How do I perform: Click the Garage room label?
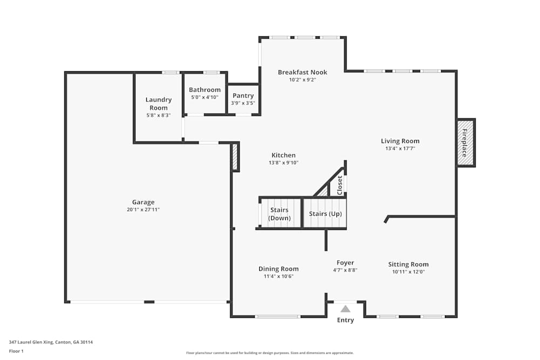click(143, 202)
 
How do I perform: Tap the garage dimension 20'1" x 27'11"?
click(143, 209)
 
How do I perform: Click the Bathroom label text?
click(205, 90)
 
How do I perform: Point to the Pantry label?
click(243, 96)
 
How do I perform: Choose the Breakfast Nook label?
click(302, 72)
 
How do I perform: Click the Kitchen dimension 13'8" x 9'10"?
click(283, 162)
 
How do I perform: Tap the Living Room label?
click(400, 141)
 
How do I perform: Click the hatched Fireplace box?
click(465, 143)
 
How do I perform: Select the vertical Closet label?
click(340, 185)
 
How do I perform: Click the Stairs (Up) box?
click(325, 214)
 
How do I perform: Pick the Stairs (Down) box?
click(279, 214)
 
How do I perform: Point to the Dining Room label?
click(278, 269)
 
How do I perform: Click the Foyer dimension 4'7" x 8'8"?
click(345, 270)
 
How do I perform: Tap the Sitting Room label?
click(408, 264)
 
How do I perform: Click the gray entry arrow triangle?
click(345, 309)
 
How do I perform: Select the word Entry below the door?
click(346, 320)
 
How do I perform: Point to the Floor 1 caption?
click(17, 351)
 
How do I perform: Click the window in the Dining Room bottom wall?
click(277, 316)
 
